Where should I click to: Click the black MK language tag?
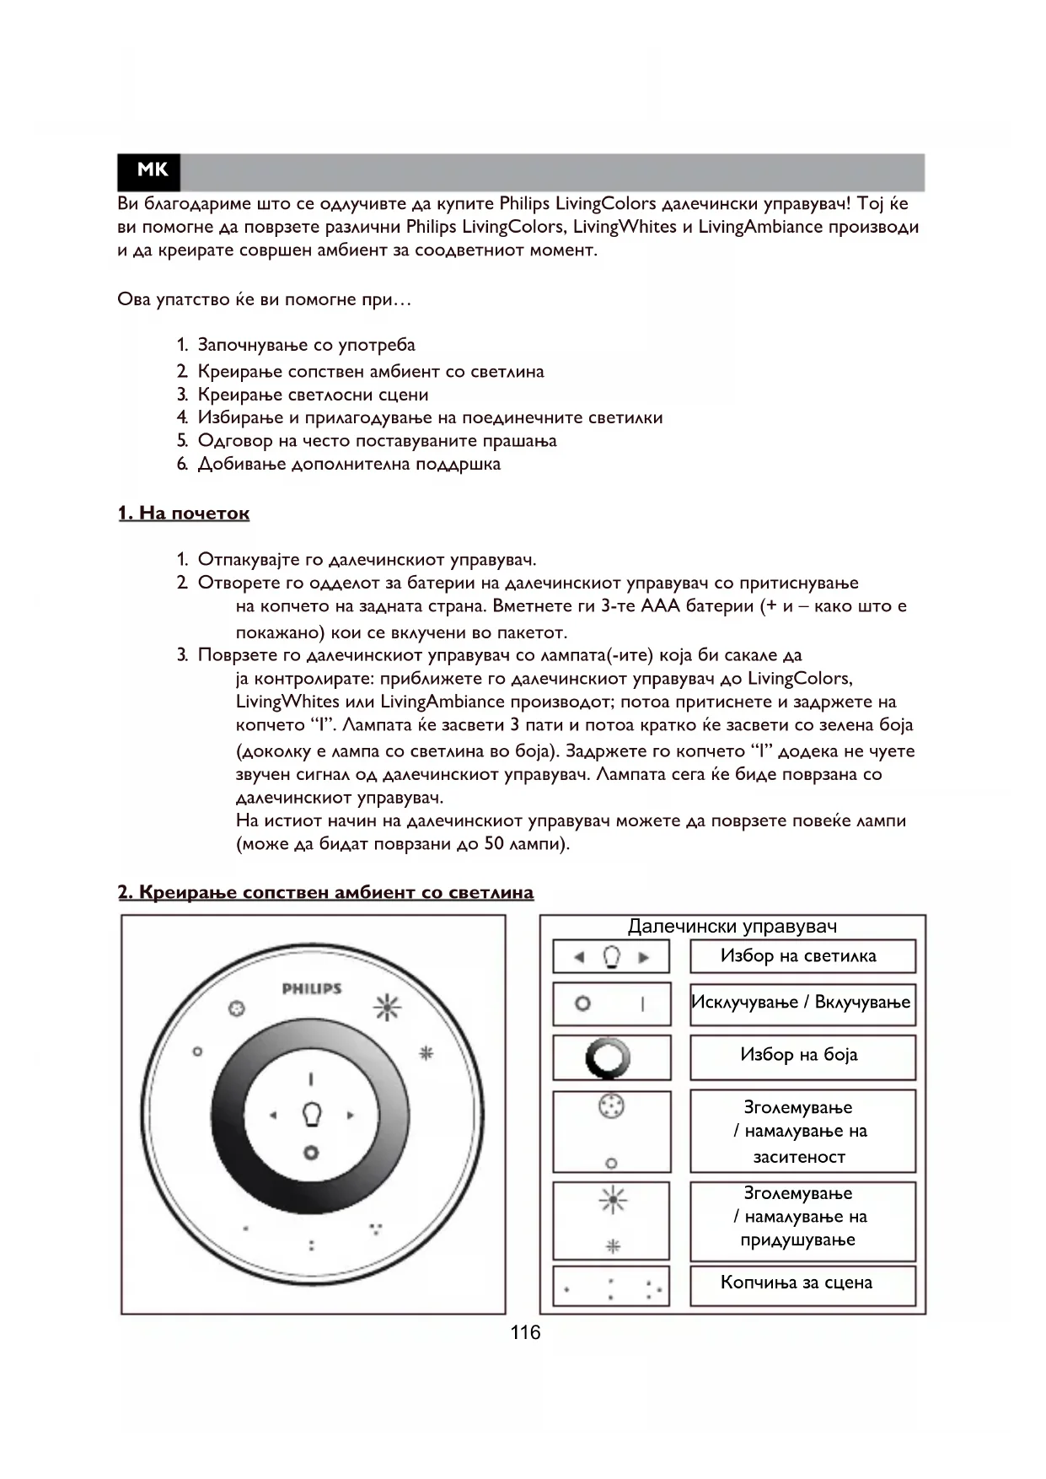pyautogui.click(x=152, y=171)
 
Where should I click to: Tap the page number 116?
pyautogui.click(x=525, y=1332)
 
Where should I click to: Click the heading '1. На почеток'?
pyautogui.click(x=184, y=514)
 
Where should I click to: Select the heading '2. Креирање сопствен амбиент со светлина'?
pyautogui.click(x=325, y=892)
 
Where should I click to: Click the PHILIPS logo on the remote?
pyautogui.click(x=311, y=988)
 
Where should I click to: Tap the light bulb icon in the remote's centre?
pyautogui.click(x=311, y=1115)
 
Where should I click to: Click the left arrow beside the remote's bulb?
pyautogui.click(x=273, y=1116)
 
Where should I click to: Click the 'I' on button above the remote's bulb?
pyautogui.click(x=311, y=1078)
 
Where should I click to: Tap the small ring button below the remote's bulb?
pyautogui.click(x=311, y=1152)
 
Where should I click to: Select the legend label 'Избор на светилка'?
pyautogui.click(x=798, y=956)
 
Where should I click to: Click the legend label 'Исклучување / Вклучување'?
pyautogui.click(x=801, y=1003)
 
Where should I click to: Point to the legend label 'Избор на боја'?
pyautogui.click(x=799, y=1055)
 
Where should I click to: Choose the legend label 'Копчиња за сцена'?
pyautogui.click(x=797, y=1283)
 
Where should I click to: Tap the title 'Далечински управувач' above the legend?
pyautogui.click(x=732, y=927)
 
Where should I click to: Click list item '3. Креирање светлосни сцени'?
pyautogui.click(x=313, y=395)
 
